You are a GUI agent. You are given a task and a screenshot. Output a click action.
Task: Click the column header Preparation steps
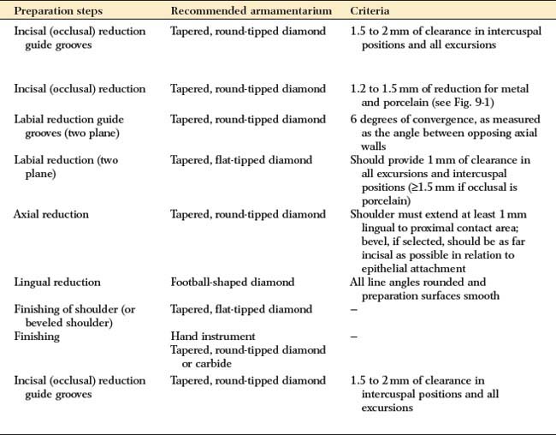(x=58, y=11)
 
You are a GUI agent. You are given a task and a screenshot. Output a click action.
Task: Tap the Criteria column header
(x=371, y=11)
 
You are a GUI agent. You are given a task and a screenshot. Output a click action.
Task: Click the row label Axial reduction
(x=50, y=213)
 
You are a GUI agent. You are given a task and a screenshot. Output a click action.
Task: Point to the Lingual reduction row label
(x=57, y=281)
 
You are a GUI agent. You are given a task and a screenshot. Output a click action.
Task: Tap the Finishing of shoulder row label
(x=72, y=309)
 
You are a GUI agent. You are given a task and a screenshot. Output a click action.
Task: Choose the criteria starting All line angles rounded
(x=424, y=281)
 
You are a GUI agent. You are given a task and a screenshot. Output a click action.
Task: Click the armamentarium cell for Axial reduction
(x=248, y=213)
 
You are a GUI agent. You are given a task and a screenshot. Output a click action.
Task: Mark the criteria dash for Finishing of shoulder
(x=355, y=308)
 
